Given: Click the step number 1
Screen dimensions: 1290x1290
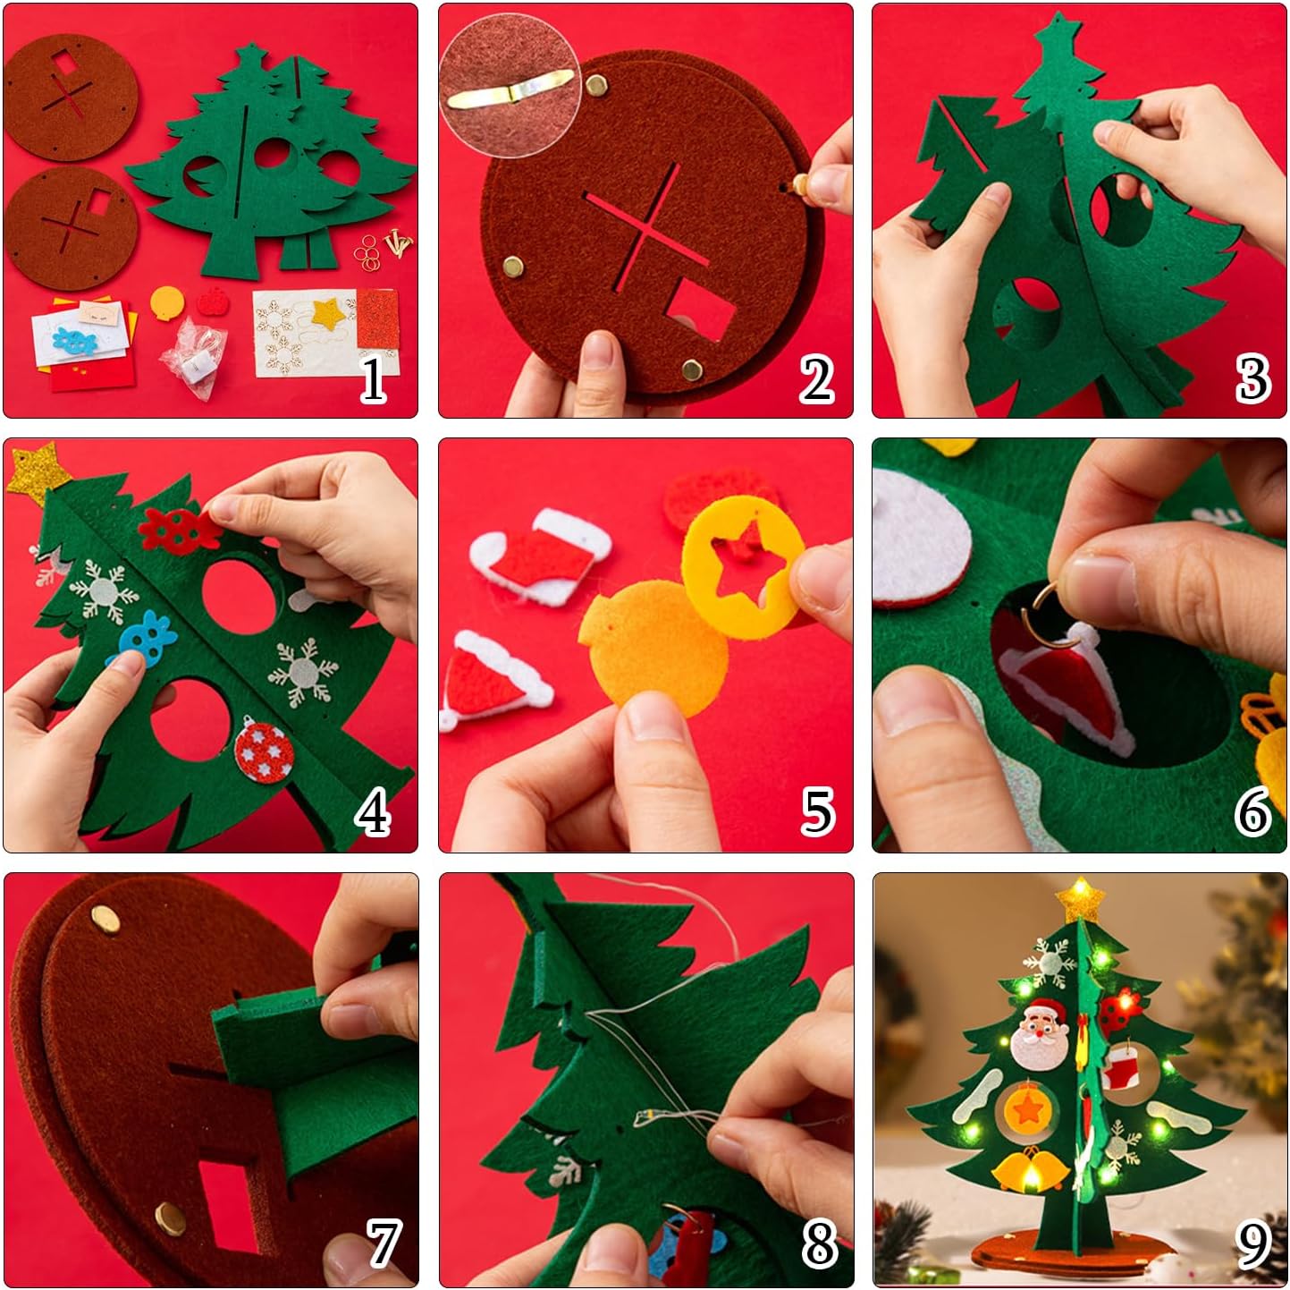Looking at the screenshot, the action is [373, 378].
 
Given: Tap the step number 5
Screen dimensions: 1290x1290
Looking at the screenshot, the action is [817, 812].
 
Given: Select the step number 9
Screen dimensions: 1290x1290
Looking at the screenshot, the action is [1252, 1245].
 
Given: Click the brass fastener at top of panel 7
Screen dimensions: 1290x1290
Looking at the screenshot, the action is [105, 918].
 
